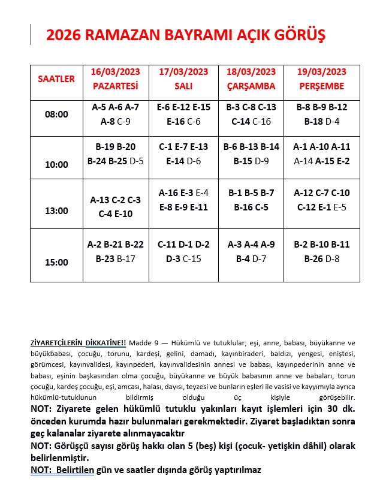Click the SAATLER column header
(x=56, y=79)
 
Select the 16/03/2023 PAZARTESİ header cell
(x=115, y=79)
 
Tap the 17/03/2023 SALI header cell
(x=183, y=79)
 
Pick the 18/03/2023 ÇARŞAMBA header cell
(x=251, y=79)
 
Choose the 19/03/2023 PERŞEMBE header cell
(x=321, y=79)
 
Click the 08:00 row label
(x=56, y=115)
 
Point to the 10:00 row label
(x=56, y=164)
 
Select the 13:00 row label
(x=56, y=211)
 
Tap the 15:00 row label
(x=56, y=262)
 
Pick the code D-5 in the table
(x=137, y=161)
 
